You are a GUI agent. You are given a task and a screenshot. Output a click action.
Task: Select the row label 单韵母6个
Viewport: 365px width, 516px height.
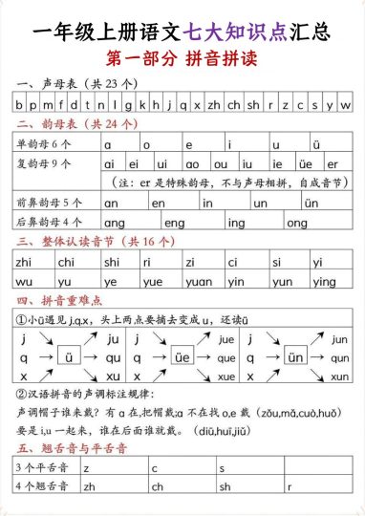[44, 144]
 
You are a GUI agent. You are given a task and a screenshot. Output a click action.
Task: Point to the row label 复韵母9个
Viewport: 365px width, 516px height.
[44, 163]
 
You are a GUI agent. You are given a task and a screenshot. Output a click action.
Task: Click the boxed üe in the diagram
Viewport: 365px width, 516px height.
[182, 357]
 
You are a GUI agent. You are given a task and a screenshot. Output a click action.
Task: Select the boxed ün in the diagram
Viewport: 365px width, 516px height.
[295, 357]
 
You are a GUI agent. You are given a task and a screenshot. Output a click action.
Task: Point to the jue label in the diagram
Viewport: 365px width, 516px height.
[227, 339]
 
